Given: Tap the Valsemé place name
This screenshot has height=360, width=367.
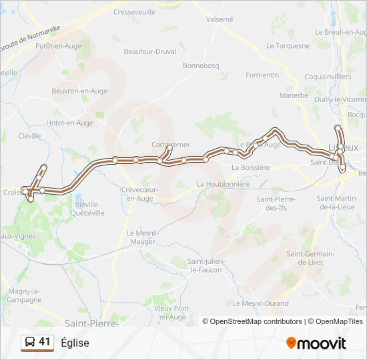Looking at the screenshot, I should click(x=220, y=19).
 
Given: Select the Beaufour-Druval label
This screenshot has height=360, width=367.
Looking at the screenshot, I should click(x=150, y=51).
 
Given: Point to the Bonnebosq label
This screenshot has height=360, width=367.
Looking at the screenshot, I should click(x=200, y=66).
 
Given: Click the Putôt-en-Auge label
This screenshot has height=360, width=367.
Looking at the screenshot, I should click(x=58, y=46).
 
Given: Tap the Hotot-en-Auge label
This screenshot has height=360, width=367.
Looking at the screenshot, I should click(x=70, y=123).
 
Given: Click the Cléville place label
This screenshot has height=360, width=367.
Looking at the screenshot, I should click(x=29, y=135).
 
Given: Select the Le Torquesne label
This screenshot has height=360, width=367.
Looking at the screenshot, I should click(x=288, y=46).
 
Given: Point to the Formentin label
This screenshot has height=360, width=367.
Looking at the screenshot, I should click(x=262, y=75).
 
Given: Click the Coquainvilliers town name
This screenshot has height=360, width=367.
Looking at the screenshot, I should click(x=328, y=77).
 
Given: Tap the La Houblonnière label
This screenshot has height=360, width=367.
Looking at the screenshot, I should click(x=223, y=183).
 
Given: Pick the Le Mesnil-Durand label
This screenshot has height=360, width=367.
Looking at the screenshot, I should click(x=266, y=303).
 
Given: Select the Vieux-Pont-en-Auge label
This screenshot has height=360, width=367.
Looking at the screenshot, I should click(x=173, y=313).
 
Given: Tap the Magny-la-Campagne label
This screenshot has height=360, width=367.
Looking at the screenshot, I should click(x=24, y=295).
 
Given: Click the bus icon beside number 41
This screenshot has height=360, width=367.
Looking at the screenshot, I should click(x=29, y=343).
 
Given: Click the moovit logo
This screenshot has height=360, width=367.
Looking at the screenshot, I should click(x=316, y=343).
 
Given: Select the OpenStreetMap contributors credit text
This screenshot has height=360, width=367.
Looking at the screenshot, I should click(x=256, y=321).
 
